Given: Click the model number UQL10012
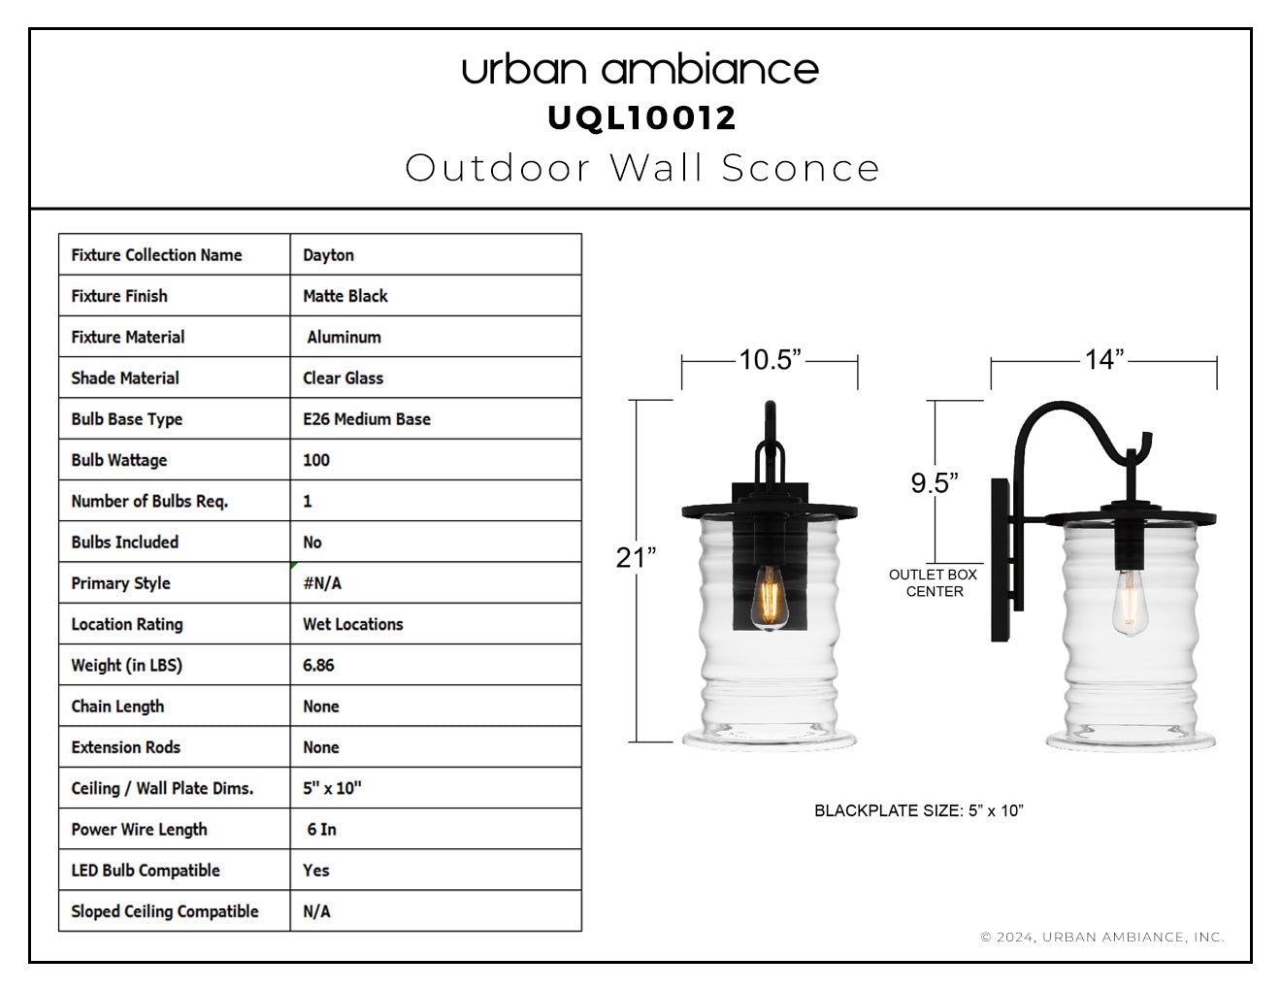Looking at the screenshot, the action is click(x=641, y=118).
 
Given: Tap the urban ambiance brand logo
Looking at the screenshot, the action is click(x=640, y=70).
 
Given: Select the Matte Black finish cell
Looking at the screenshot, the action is click(x=345, y=296).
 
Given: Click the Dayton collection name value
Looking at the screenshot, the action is click(x=328, y=254).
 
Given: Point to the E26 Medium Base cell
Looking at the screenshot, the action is click(x=367, y=419).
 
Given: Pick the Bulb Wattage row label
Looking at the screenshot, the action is click(x=119, y=460).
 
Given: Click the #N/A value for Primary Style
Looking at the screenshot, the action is click(x=322, y=583).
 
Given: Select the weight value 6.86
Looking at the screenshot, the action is click(x=318, y=665).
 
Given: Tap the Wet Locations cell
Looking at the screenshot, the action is click(x=352, y=624).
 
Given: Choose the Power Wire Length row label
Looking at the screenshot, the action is click(x=139, y=830).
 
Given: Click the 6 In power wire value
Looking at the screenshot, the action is click(x=321, y=830).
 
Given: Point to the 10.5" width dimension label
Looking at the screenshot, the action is click(x=770, y=360).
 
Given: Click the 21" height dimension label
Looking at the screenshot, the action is click(x=636, y=557).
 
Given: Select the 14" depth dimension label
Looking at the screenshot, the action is click(x=1104, y=359).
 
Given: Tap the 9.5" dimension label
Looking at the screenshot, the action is click(x=935, y=483).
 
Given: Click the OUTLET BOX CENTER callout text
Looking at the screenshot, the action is click(x=934, y=582).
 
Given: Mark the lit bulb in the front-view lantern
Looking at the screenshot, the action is click(x=769, y=598).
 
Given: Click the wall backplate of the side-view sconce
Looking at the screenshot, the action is click(x=1001, y=560).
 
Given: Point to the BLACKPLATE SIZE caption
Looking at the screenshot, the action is click(x=918, y=810).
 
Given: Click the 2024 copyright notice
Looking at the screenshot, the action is click(x=1102, y=937).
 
